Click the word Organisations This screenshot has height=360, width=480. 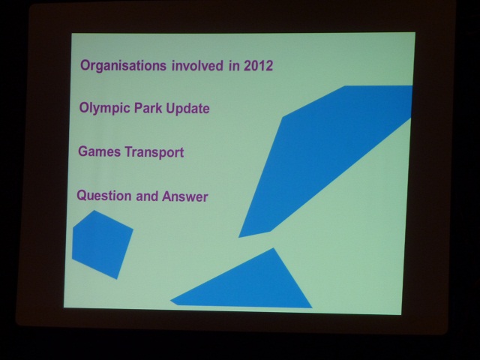click(x=123, y=66)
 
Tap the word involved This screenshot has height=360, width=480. click(x=197, y=65)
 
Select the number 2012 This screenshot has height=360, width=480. click(x=258, y=65)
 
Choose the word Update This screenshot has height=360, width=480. click(x=187, y=109)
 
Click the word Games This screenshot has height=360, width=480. click(x=99, y=151)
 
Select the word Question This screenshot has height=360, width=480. click(x=104, y=196)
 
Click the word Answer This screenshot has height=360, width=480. click(x=185, y=196)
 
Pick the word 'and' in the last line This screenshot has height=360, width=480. click(x=147, y=196)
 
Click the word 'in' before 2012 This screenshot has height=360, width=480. click(x=234, y=65)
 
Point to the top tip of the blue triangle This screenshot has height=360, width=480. click(x=273, y=248)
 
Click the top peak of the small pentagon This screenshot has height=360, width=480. click(x=94, y=211)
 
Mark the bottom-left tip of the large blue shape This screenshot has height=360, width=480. click(x=239, y=237)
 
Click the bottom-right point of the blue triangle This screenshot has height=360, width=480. click(x=312, y=307)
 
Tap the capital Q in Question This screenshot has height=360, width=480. click(x=81, y=196)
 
